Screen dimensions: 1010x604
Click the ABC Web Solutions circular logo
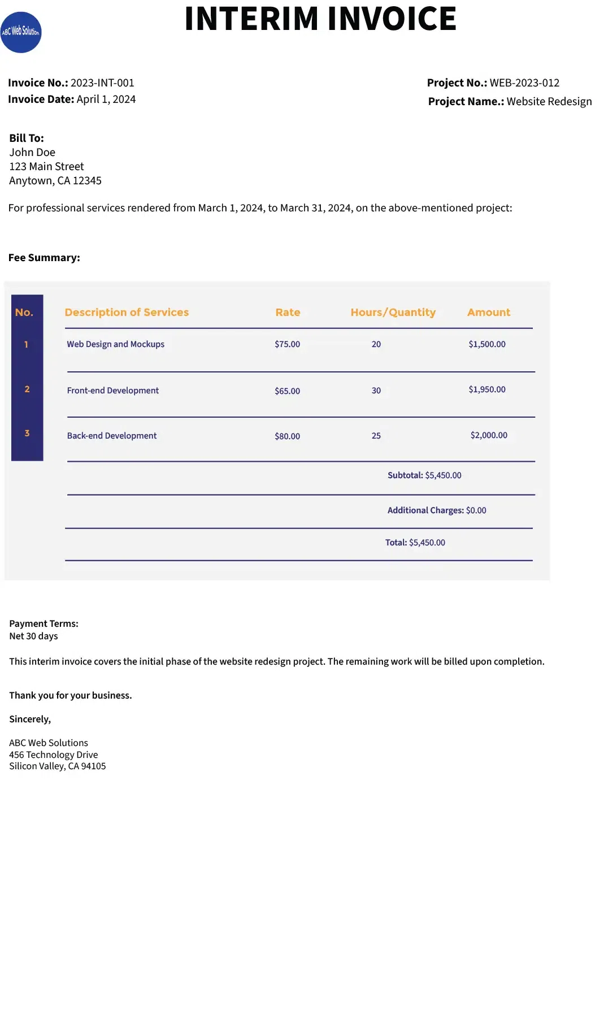coord(21,32)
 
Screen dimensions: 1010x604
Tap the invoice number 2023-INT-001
coord(102,83)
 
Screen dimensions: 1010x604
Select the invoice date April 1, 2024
coord(106,99)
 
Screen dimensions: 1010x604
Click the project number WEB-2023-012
coord(524,83)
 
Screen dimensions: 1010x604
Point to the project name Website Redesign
coord(549,102)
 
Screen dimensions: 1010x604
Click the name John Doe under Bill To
coord(32,153)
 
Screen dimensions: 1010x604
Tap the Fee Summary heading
coord(44,258)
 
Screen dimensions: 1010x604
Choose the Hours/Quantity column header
coord(393,313)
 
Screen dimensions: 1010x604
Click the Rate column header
coord(288,313)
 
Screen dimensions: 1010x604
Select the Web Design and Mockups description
coord(115,344)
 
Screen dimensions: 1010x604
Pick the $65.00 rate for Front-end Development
coord(287,391)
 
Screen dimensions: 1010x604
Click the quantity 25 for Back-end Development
coord(376,436)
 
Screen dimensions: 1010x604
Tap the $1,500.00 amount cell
coord(487,344)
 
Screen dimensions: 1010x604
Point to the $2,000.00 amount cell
coord(489,435)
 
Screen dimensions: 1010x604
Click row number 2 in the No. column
coord(27,389)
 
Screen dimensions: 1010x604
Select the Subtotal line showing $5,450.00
coord(424,475)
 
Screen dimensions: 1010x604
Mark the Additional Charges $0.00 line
coord(437,510)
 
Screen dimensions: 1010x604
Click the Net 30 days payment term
coord(33,636)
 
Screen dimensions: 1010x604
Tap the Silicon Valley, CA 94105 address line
coord(58,766)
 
